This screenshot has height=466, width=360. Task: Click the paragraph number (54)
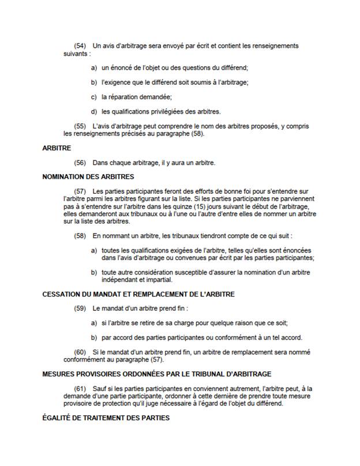(80, 46)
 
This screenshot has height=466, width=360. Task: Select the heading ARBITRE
(57, 148)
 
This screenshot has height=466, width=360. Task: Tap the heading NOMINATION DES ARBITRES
(88, 176)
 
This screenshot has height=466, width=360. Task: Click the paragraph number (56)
(80, 163)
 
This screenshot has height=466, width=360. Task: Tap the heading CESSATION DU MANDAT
(138, 294)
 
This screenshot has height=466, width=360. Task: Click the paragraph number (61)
(80, 389)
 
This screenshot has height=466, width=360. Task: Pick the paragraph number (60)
(80, 352)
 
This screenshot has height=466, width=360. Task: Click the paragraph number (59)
(80, 309)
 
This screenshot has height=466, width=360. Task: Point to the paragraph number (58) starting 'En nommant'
(80, 236)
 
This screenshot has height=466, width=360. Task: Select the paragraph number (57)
(80, 191)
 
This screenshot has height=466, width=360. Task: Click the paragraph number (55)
(80, 126)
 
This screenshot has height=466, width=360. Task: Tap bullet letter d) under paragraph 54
(94, 111)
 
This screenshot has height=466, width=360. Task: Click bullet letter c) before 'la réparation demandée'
(94, 97)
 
